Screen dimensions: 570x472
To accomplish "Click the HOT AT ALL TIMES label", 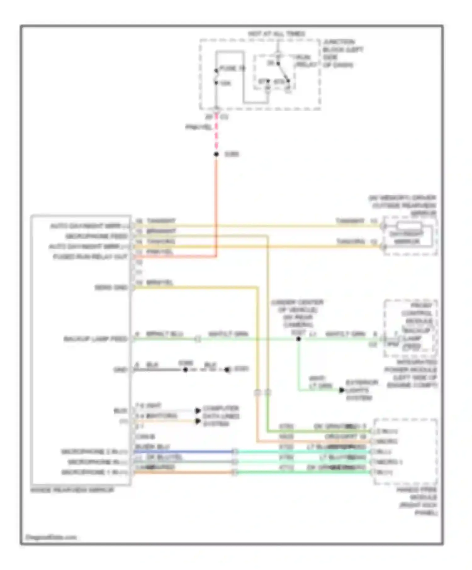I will [x=276, y=34].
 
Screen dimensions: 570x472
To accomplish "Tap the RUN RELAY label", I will [x=303, y=61].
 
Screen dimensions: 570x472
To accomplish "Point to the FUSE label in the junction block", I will [x=232, y=68].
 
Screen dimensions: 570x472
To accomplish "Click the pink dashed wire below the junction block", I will [x=216, y=135].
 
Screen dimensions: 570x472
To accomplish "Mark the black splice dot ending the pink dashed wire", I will [x=216, y=154].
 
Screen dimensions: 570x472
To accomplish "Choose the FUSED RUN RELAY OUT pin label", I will [x=90, y=257].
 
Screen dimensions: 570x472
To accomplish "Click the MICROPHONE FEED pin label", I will [x=96, y=236].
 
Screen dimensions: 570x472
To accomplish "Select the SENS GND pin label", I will [x=111, y=288].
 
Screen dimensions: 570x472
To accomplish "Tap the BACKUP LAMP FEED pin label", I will [x=95, y=339].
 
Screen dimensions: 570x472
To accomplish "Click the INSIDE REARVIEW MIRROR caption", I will [x=72, y=490].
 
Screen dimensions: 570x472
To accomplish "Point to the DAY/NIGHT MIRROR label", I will [x=407, y=238].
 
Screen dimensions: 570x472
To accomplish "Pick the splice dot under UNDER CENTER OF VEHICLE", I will [x=298, y=339].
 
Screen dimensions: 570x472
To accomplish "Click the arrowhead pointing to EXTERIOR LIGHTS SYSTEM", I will [x=342, y=390].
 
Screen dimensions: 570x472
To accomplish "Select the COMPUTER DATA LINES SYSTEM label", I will [x=221, y=416].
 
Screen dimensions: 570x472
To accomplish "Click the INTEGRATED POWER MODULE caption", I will [x=411, y=374].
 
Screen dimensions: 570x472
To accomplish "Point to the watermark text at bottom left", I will [x=51, y=537].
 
